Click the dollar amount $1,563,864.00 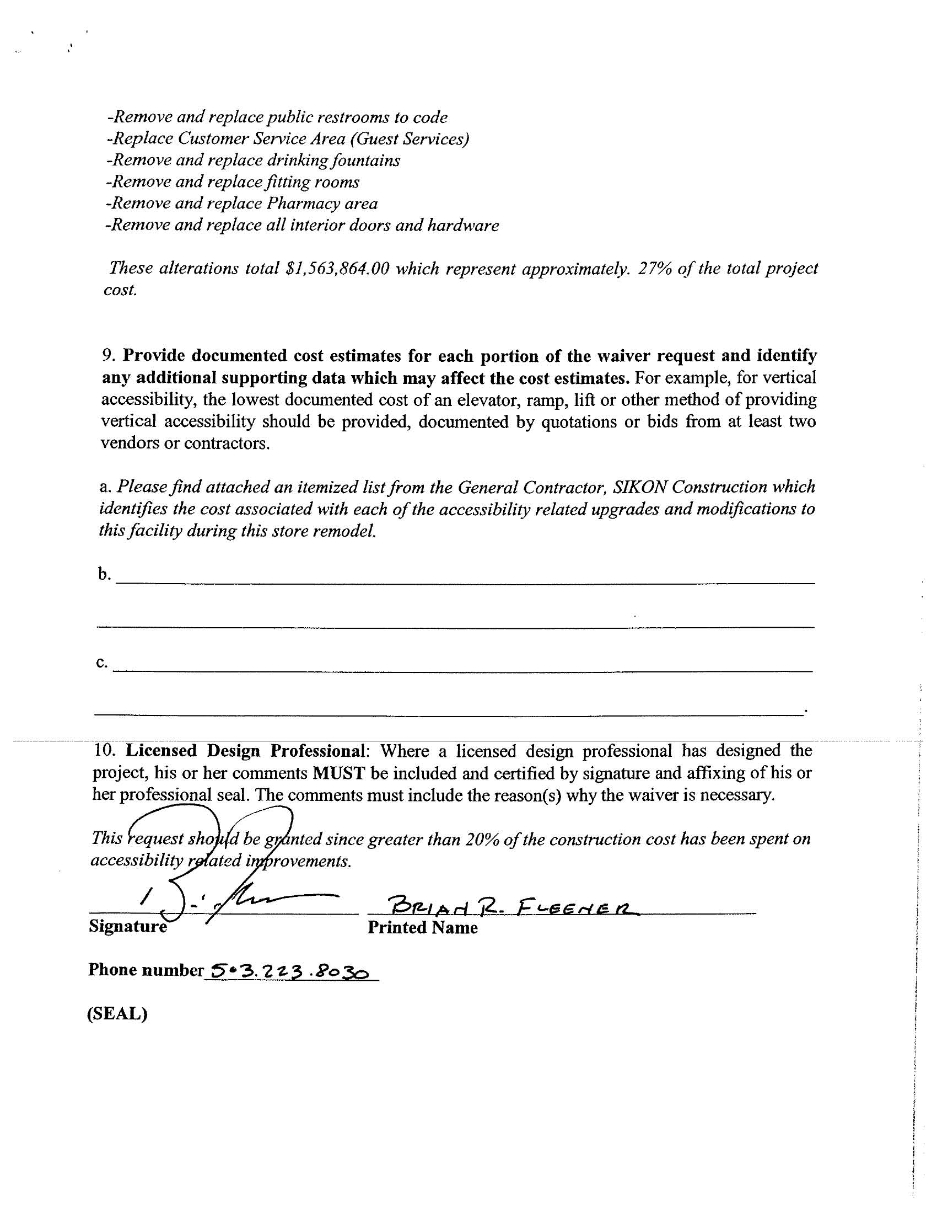[337, 269]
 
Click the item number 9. [107, 355]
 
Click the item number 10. [105, 751]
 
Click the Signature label [128, 927]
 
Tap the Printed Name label [422, 928]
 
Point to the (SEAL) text [117, 1014]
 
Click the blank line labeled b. [466, 580]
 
